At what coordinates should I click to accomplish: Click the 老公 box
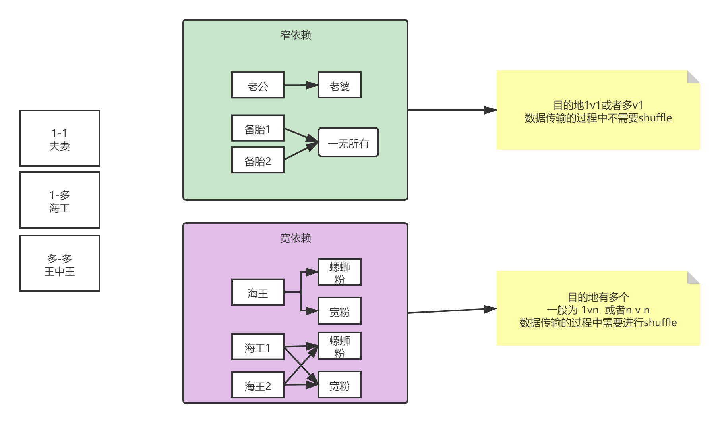[x=257, y=85]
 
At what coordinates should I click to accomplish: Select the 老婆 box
[x=339, y=85]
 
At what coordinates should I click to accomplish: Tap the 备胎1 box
[x=257, y=129]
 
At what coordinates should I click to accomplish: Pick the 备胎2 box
[x=257, y=160]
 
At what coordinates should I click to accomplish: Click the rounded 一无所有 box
[x=348, y=142]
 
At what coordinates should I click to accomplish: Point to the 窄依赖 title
[x=295, y=35]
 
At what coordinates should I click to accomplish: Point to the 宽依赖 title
[x=295, y=238]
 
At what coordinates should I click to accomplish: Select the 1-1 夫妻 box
[x=60, y=138]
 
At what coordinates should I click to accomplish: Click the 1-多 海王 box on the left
[x=60, y=200]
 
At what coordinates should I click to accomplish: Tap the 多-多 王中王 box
[x=60, y=264]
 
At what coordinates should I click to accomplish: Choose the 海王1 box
[x=257, y=347]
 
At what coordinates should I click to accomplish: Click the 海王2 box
[x=257, y=385]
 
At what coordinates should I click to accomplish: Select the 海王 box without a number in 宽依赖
[x=257, y=292]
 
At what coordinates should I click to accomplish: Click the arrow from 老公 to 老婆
[x=301, y=85]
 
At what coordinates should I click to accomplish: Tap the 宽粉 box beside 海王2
[x=339, y=385]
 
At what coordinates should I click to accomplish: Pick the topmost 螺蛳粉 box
[x=339, y=272]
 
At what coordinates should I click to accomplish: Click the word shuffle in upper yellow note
[x=655, y=118]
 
